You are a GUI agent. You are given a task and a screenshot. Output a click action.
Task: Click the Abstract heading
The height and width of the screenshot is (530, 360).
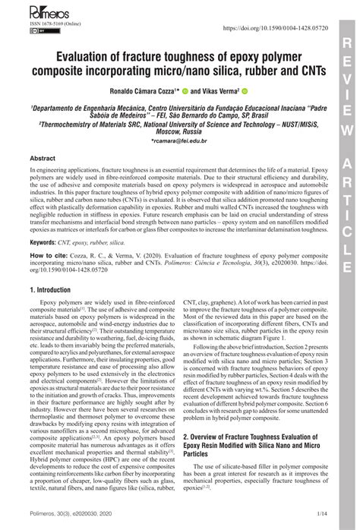42,158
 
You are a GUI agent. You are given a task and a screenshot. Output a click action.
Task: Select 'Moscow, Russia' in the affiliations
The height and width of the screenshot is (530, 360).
179,131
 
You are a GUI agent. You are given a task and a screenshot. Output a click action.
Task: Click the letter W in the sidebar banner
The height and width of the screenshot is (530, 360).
347,130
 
